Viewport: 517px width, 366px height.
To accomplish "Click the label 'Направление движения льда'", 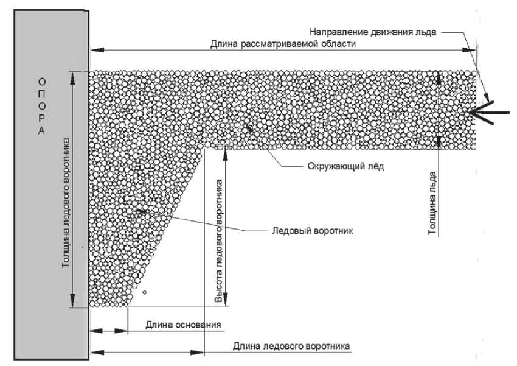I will click(373, 32).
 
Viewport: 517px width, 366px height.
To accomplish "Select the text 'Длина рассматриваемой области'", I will click(283, 44).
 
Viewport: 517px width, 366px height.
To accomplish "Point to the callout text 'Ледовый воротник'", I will click(314, 231).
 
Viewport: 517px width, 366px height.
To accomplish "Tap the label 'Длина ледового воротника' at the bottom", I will click(291, 346).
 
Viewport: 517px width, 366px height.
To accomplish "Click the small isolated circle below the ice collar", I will click(144, 293).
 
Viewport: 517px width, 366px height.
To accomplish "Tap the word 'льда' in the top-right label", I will click(425, 32).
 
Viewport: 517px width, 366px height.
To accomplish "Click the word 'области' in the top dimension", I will click(337, 44).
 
